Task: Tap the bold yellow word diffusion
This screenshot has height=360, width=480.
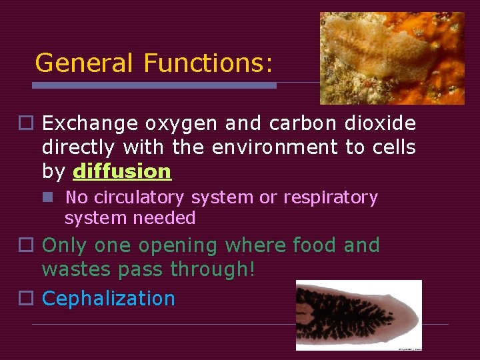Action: point(122,171)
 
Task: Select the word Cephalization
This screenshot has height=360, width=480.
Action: point(109,298)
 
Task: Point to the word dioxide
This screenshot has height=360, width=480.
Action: point(381,123)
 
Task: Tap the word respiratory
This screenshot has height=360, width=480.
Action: point(331,198)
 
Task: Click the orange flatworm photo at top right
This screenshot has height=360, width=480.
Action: point(392,58)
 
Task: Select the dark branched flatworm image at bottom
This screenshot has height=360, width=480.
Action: point(359,315)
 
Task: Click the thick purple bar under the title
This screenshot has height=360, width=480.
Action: point(155,85)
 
